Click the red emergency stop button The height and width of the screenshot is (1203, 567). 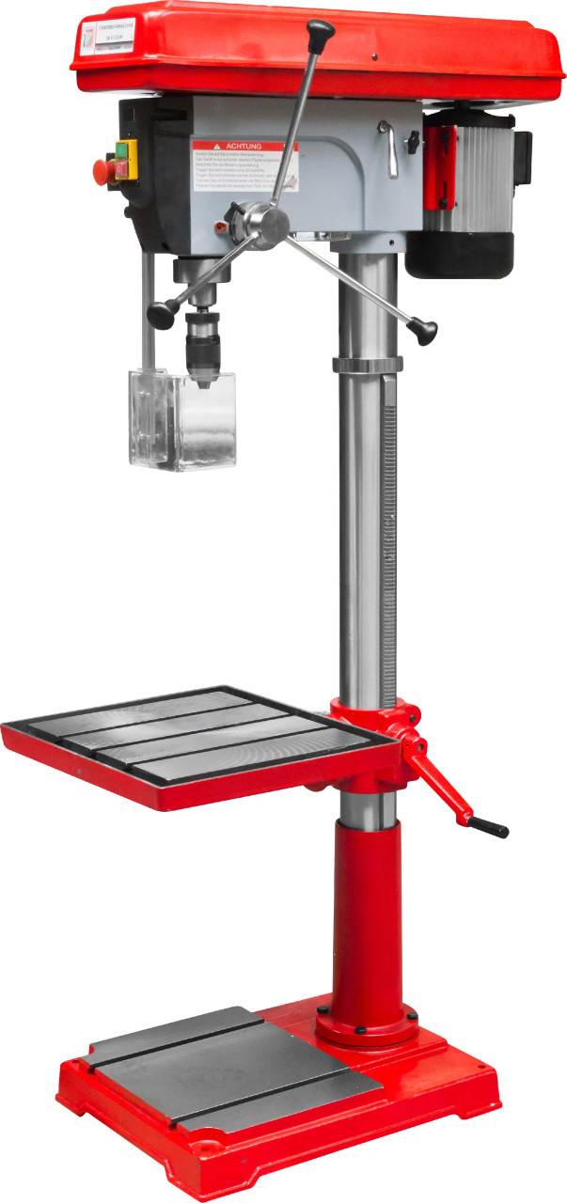tap(102, 170)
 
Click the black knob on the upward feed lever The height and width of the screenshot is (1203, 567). tap(321, 33)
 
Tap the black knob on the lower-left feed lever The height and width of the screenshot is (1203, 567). tap(162, 314)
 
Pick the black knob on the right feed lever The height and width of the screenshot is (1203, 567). tap(427, 331)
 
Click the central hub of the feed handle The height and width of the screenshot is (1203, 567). tap(274, 222)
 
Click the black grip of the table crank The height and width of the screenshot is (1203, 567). tap(489, 827)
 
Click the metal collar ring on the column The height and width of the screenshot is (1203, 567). tap(366, 365)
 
